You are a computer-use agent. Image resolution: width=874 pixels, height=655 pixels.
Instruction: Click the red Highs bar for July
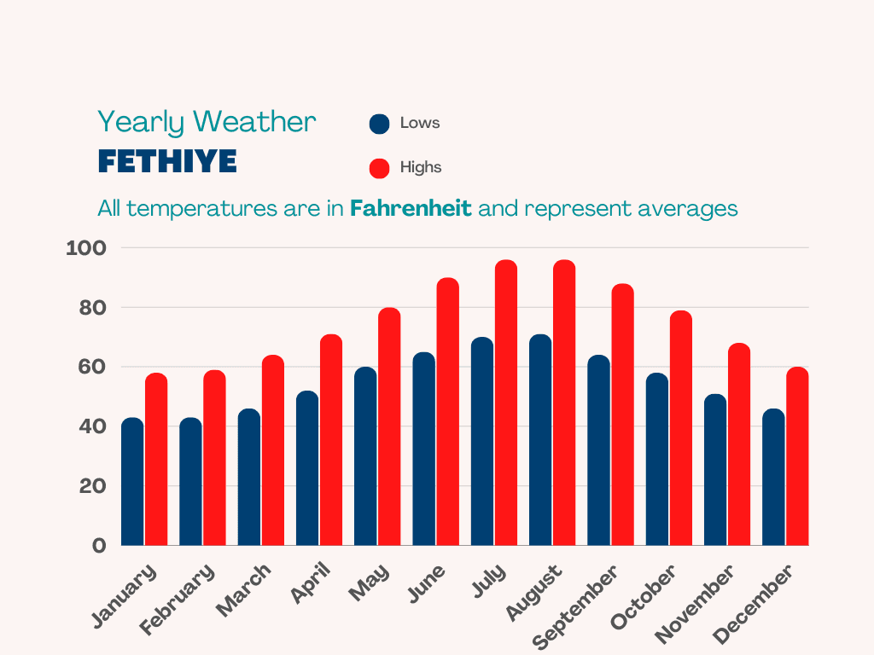point(506,403)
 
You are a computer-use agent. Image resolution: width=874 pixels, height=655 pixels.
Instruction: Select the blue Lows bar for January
point(132,482)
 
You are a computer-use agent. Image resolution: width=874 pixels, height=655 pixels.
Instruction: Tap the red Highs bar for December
point(796,456)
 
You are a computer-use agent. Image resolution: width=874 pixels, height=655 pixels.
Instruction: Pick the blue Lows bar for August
point(540,440)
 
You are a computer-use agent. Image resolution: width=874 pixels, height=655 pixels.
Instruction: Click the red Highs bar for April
point(331,440)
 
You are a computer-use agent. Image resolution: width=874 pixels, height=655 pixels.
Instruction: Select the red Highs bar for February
point(214,458)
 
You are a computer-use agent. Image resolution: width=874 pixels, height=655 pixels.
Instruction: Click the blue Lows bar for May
point(365,456)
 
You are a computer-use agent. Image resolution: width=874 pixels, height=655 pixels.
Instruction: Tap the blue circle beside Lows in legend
point(379,124)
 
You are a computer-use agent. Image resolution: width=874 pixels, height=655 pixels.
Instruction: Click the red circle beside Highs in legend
point(379,168)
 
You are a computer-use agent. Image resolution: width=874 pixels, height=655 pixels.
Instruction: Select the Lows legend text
point(420,123)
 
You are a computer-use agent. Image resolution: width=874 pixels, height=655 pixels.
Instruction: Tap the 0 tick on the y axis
point(100,546)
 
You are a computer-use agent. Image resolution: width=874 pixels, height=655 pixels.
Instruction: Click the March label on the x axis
point(244,589)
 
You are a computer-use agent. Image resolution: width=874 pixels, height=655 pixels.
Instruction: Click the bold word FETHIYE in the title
point(167,161)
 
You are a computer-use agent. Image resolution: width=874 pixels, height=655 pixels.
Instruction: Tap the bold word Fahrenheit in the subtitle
point(411,208)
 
